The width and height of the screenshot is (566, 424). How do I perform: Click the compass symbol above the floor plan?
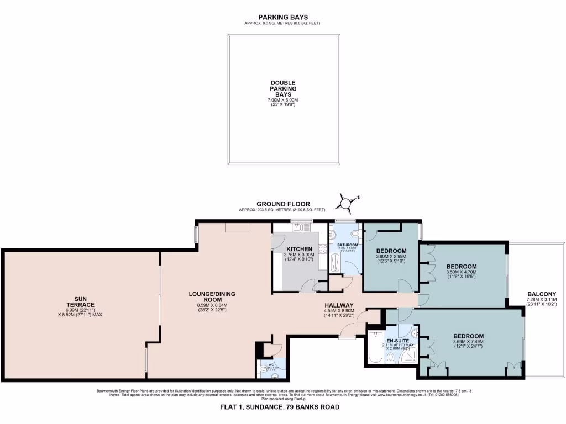pos(347,204)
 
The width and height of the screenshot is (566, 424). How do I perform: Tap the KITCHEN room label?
pos(298,249)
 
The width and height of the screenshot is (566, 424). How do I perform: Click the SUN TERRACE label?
pos(80,301)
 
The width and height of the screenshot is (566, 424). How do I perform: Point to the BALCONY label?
pos(542,294)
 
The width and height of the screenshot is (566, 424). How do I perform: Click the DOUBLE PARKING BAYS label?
pos(283,88)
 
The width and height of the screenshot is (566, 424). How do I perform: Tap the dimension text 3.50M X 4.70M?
pos(461,272)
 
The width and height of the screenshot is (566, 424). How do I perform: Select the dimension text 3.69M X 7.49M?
pos(468,341)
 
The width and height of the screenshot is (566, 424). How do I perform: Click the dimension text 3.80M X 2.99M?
pos(391,256)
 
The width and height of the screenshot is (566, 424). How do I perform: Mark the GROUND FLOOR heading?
pos(282,204)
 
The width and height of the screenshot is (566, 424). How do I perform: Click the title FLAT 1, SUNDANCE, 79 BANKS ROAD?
pos(283,407)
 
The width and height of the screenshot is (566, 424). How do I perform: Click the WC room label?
pos(271,364)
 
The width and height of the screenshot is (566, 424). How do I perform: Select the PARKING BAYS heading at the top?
pos(282,17)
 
